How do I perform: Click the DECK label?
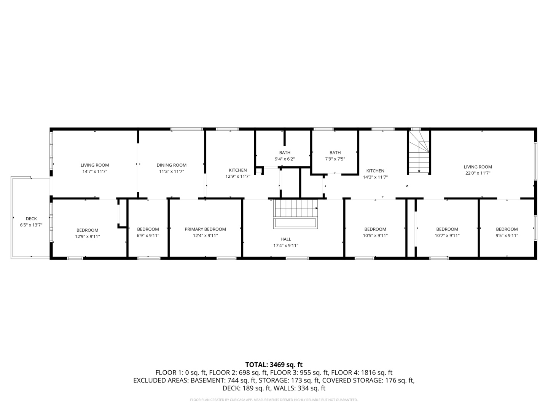point(31,218)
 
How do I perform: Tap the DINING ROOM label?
point(172,165)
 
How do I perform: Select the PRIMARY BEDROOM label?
point(205,229)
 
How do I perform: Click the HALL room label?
point(286,239)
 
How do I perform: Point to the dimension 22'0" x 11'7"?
point(478,173)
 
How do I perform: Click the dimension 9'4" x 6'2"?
point(285,159)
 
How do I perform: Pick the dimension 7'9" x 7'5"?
point(335,159)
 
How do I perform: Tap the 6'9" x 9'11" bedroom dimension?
point(148,236)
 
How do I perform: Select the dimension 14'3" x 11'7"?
point(375,177)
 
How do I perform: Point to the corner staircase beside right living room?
point(419,152)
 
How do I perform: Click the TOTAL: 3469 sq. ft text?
point(274,365)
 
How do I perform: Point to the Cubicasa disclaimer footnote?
point(274,400)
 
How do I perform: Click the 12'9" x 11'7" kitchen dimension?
point(238,177)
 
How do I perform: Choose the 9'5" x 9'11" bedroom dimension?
point(507,236)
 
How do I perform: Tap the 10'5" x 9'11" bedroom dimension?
point(375,236)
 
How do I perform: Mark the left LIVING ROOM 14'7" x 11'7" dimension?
point(95,172)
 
